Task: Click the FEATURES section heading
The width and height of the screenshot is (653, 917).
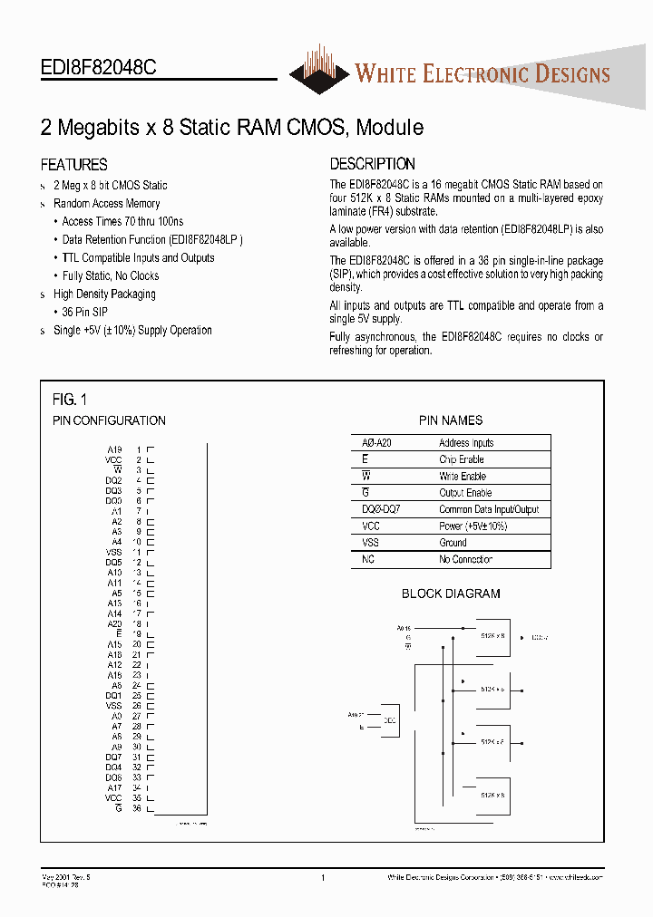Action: pyautogui.click(x=73, y=165)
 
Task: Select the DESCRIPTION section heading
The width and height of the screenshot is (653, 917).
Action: pyautogui.click(x=372, y=164)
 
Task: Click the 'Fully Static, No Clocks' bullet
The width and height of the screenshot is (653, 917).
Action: pyautogui.click(x=111, y=276)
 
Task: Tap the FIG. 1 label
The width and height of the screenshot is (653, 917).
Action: pyautogui.click(x=70, y=399)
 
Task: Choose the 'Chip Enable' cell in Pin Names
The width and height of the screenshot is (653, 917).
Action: pyautogui.click(x=462, y=459)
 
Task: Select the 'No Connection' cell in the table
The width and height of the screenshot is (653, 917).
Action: pyautogui.click(x=466, y=559)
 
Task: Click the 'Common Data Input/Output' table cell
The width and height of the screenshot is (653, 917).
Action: pyautogui.click(x=489, y=509)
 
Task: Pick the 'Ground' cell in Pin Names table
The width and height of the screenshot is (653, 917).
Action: pyautogui.click(x=453, y=543)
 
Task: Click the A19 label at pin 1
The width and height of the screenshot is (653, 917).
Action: pyautogui.click(x=114, y=449)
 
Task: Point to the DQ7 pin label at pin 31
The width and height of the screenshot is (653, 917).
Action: pyautogui.click(x=113, y=758)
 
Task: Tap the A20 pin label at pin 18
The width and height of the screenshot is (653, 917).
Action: pyautogui.click(x=114, y=623)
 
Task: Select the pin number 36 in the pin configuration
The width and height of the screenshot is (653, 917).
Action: pyautogui.click(x=137, y=808)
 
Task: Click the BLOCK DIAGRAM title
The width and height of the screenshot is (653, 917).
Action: pyautogui.click(x=451, y=594)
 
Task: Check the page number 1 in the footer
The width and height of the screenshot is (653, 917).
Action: pyautogui.click(x=323, y=877)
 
